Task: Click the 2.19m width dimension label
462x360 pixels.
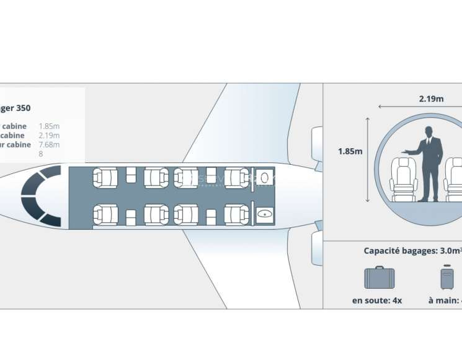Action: tap(431, 99)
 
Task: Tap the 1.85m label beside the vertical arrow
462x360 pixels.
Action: tap(350, 151)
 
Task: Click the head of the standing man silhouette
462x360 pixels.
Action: tap(428, 131)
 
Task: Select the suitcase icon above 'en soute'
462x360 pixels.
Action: tap(379, 278)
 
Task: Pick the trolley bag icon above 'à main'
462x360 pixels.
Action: tap(447, 278)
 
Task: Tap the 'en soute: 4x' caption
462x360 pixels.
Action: tap(377, 301)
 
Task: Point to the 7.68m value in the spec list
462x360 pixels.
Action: tap(50, 144)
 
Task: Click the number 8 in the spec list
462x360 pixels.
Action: tap(41, 154)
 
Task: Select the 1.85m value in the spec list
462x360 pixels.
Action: tap(50, 126)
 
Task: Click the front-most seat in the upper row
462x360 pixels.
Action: tap(105, 178)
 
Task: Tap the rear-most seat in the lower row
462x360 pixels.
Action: tap(237, 214)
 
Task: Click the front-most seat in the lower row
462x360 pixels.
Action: tap(105, 214)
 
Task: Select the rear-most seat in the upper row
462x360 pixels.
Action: tap(237, 178)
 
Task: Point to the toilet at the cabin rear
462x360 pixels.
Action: tap(265, 176)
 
